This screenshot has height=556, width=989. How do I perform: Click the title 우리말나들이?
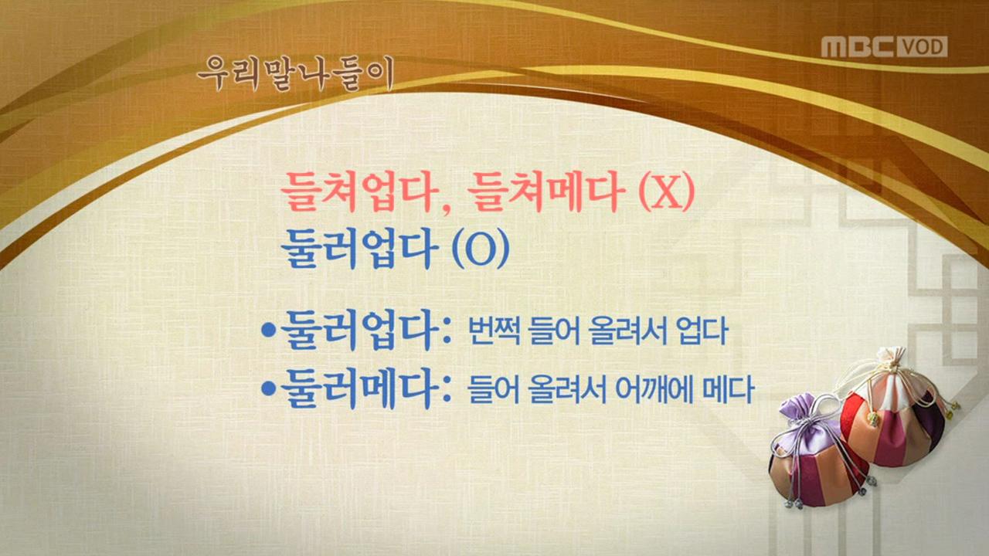tap(295, 74)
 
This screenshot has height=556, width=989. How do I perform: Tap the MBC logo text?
tap(857, 46)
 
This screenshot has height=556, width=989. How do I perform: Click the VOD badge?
tap(922, 47)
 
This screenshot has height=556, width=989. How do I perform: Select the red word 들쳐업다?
tap(358, 193)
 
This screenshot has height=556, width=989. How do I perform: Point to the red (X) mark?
tap(665, 194)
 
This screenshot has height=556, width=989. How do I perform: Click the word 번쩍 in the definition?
tap(494, 333)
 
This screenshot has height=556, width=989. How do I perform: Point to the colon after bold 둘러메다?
tap(445, 391)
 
